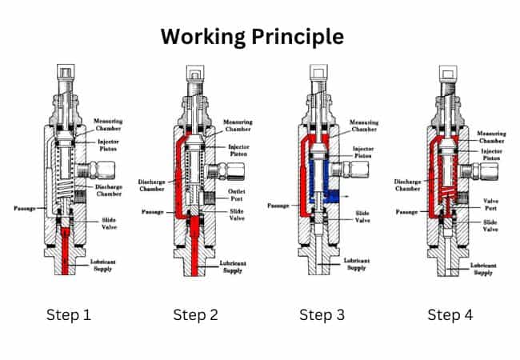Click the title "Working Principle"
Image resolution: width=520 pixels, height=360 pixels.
pos(252,37)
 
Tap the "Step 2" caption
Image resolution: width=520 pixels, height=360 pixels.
pos(196,314)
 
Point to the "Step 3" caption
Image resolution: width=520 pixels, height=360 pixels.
pos(322,314)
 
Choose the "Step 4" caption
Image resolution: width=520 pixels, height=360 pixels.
pos(450,314)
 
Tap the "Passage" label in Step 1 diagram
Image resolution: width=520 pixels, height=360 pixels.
pos(26,209)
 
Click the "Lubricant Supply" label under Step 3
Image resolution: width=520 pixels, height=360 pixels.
pos(360,265)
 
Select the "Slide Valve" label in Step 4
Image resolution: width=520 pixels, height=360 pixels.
pos(490,226)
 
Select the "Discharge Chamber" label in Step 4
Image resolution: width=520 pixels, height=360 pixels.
pos(402,185)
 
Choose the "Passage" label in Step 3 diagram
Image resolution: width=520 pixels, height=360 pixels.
pos(279,206)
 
